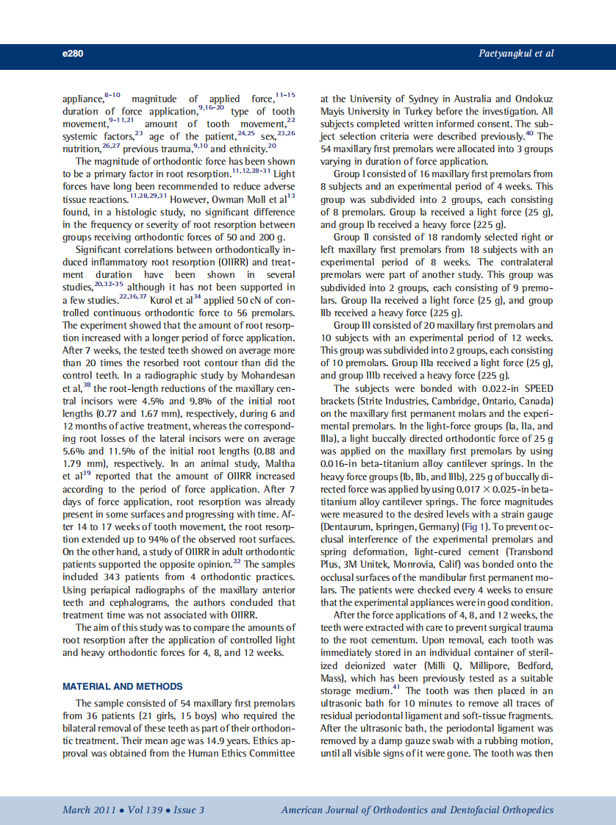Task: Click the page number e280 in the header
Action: point(73,54)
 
